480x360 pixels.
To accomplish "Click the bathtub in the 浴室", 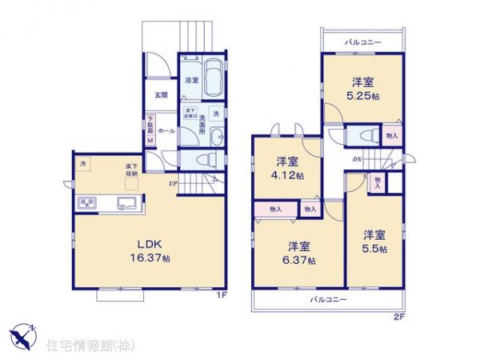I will coord(210,80).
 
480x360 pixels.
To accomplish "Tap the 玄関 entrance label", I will coord(162,95).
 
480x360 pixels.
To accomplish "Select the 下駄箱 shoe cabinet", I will coord(149,131).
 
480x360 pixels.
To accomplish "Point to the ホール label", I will coord(166,130).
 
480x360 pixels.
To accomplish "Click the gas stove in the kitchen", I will coord(87,203).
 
